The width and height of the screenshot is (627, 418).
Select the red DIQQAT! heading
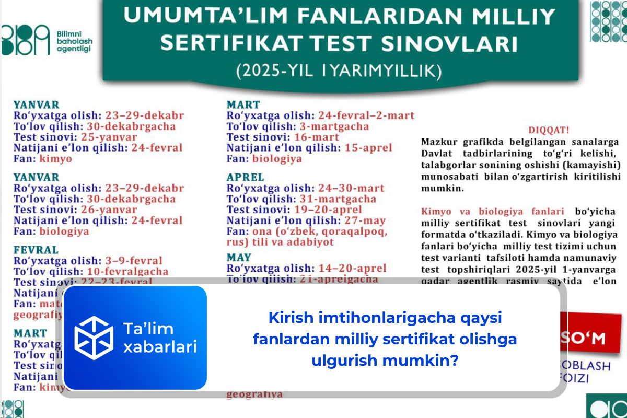pyautogui.click(x=548, y=130)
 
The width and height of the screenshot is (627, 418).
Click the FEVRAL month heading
pyautogui.click(x=36, y=250)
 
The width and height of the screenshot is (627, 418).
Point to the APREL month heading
pyautogui.click(x=246, y=177)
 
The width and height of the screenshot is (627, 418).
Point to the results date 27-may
pyautogui.click(x=365, y=220)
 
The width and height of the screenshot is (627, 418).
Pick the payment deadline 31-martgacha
pyautogui.click(x=338, y=199)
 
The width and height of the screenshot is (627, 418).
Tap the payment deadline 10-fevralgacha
pyautogui.click(x=127, y=271)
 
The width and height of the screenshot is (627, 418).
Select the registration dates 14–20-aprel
pyautogui.click(x=352, y=268)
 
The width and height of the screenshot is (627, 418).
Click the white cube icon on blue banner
pyautogui.click(x=94, y=337)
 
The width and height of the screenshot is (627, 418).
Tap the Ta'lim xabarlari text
pyautogui.click(x=159, y=338)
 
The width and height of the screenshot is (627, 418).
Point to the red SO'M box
pyautogui.click(x=590, y=338)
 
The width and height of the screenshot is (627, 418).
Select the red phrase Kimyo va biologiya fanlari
pyautogui.click(x=492, y=212)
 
